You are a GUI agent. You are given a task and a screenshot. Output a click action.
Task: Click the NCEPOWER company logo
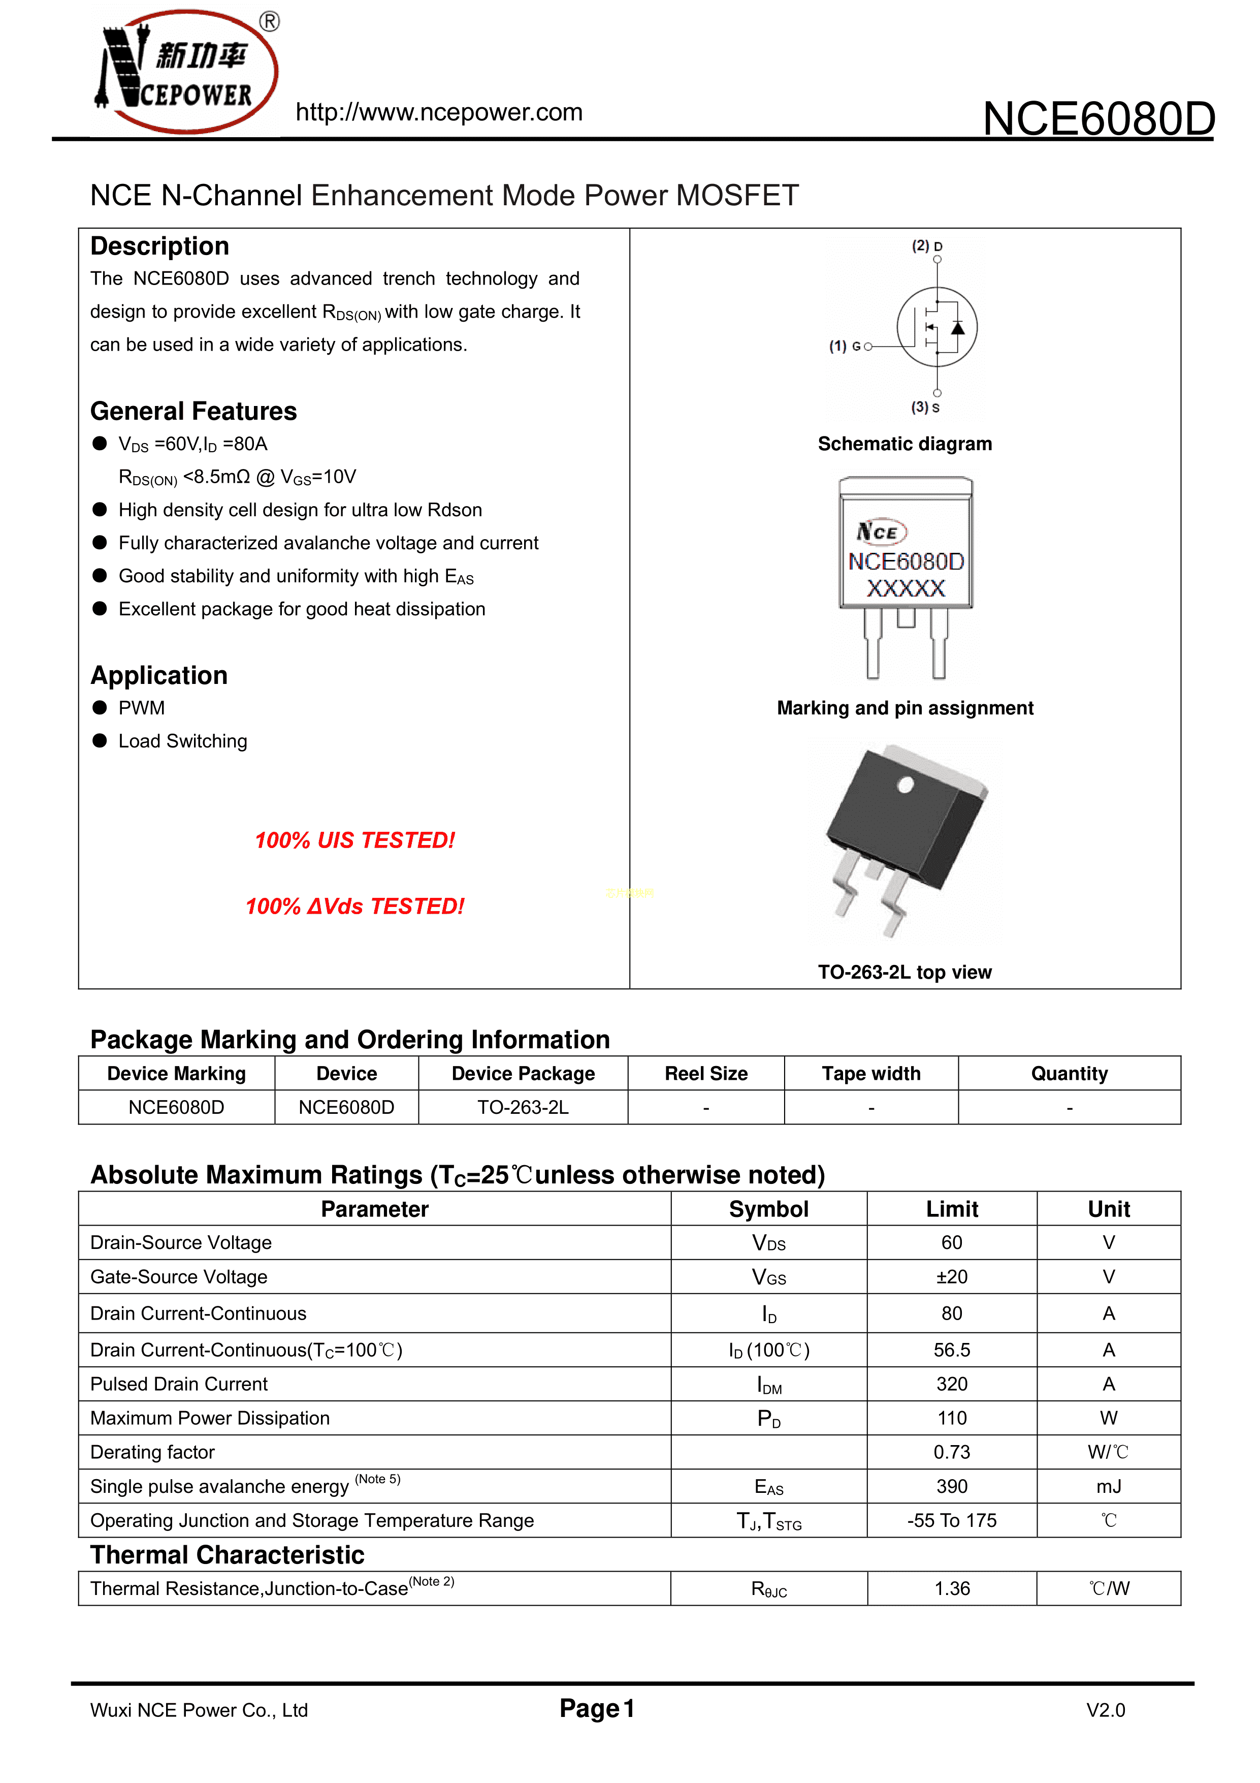tap(185, 72)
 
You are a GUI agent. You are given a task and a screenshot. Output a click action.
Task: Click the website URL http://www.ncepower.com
tap(439, 113)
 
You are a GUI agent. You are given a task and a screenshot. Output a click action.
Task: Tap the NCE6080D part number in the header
tap(1098, 119)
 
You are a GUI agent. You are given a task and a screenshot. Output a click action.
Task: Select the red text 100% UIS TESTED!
tap(355, 840)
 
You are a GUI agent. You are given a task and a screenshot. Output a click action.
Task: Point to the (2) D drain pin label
tap(927, 246)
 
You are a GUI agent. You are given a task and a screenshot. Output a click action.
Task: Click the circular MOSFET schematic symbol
tap(937, 327)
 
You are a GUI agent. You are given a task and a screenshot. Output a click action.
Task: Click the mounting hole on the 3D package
tap(905, 785)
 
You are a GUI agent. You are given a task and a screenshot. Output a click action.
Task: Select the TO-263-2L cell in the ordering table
tap(523, 1107)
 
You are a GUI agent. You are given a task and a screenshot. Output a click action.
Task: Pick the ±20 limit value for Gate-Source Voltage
tap(952, 1277)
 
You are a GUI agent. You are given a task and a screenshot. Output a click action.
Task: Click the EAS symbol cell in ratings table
tap(768, 1486)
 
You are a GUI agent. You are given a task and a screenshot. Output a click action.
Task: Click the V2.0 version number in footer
tap(1106, 1710)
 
